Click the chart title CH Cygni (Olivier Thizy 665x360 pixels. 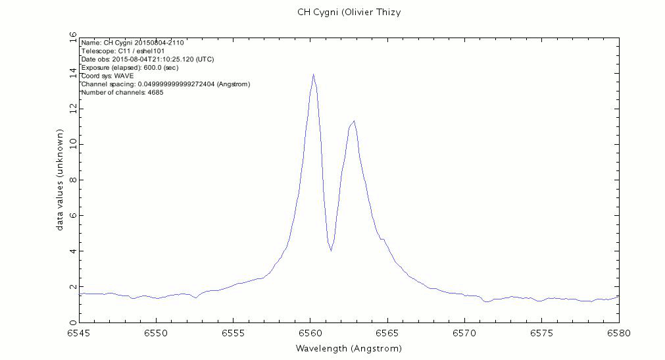349,13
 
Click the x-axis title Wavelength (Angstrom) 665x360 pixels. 349,348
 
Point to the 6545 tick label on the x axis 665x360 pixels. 79,334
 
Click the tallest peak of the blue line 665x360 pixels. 313,74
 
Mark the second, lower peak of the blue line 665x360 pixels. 354,121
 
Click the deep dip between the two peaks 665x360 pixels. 331,250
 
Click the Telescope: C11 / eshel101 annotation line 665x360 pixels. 123,51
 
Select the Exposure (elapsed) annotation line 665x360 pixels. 130,67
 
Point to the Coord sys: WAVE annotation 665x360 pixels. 107,76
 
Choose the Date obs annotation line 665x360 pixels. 147,59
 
